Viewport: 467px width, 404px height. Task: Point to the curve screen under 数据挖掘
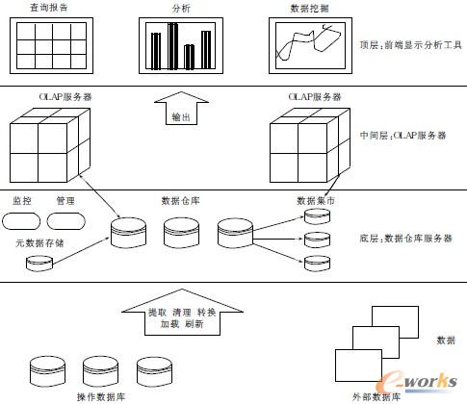point(310,45)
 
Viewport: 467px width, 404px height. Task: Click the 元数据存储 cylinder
point(39,261)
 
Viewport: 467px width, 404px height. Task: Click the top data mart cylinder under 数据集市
point(317,217)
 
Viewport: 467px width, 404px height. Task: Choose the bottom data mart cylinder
point(317,262)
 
